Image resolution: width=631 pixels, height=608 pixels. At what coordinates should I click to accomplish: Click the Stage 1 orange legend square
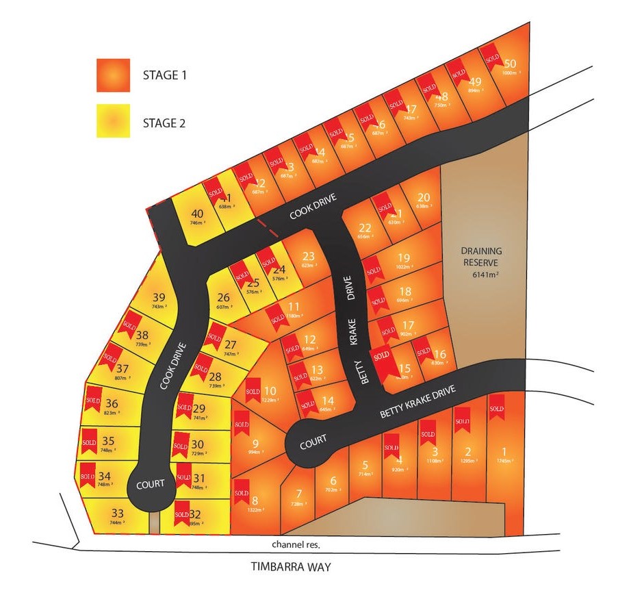click(x=113, y=75)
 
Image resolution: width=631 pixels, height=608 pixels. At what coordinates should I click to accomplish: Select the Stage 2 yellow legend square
click(x=113, y=121)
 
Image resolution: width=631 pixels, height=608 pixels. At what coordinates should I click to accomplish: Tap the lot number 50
click(x=509, y=63)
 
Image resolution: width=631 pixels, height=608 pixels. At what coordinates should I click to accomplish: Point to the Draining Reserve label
click(x=480, y=256)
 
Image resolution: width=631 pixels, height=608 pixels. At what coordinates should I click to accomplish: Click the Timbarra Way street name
click(x=290, y=567)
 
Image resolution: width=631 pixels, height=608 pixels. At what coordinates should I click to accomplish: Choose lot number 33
click(x=117, y=513)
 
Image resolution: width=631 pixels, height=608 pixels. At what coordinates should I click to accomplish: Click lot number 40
click(x=197, y=213)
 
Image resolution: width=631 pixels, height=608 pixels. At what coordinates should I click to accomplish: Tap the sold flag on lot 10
click(x=253, y=388)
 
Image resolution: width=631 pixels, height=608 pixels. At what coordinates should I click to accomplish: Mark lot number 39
click(x=159, y=297)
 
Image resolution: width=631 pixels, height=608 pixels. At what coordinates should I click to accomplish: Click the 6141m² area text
click(x=482, y=275)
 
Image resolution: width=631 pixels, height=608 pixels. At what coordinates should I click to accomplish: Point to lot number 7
click(x=298, y=494)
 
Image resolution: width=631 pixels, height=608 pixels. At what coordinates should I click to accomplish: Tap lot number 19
click(x=404, y=257)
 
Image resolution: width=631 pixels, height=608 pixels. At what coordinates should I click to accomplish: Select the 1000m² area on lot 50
click(x=511, y=73)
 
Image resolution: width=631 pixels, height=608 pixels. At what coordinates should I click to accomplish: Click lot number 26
click(x=224, y=297)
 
